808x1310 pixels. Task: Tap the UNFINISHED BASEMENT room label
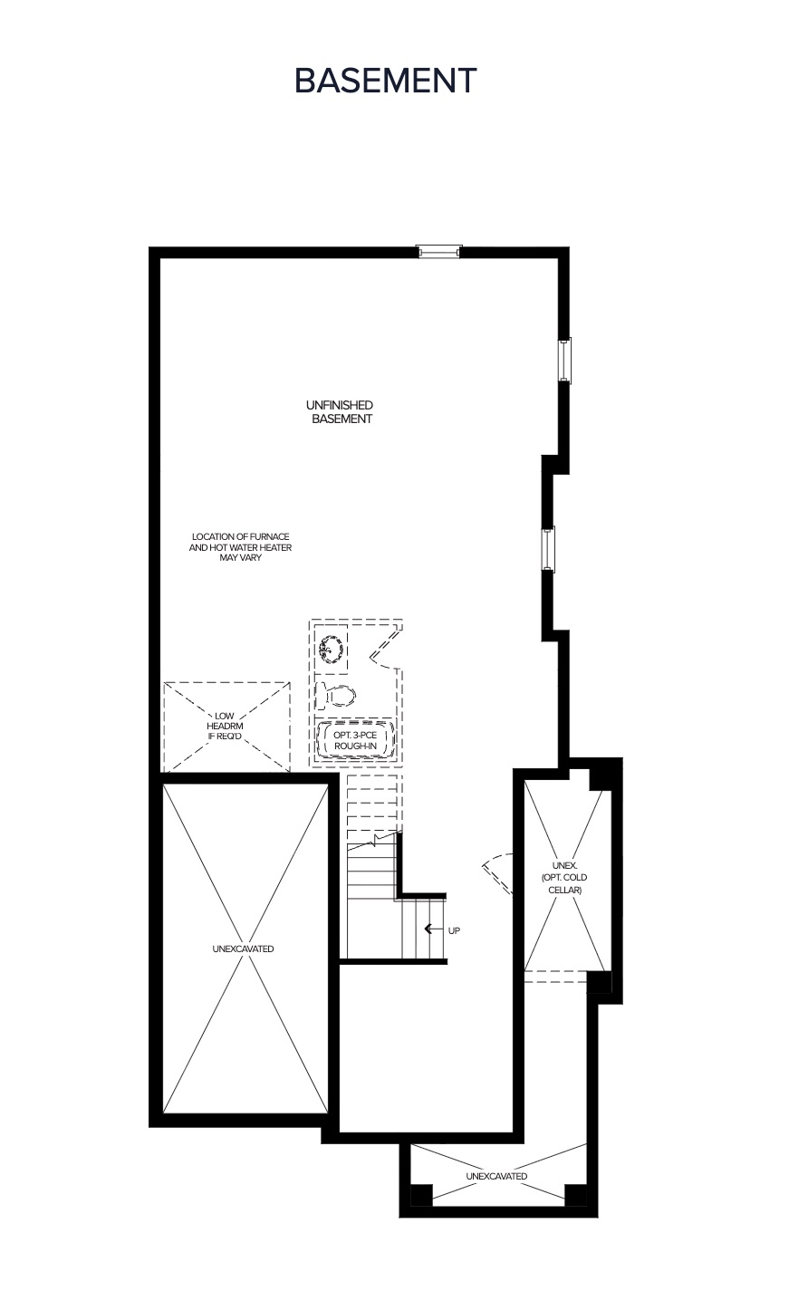[x=341, y=411]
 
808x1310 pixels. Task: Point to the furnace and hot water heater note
[x=240, y=547]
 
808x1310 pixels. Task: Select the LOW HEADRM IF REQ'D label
[x=225, y=726]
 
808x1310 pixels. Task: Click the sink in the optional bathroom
[x=331, y=650]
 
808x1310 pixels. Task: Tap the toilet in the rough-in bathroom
[x=335, y=696]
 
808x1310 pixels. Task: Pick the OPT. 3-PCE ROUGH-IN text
[x=355, y=740]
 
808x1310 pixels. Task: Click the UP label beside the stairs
[x=454, y=930]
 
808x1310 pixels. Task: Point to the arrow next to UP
[x=432, y=929]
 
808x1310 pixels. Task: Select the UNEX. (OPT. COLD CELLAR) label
[x=564, y=877]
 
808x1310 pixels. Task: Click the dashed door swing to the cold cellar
[x=498, y=873]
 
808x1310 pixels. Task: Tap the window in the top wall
[x=439, y=252]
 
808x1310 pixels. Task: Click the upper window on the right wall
[x=564, y=361]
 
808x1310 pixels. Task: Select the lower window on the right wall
[x=548, y=549]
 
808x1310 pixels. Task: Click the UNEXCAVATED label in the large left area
[x=244, y=949]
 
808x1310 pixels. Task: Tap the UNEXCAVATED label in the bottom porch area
[x=496, y=1176]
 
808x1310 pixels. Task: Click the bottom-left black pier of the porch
[x=421, y=1194]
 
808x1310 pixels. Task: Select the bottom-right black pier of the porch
[x=576, y=1194]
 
